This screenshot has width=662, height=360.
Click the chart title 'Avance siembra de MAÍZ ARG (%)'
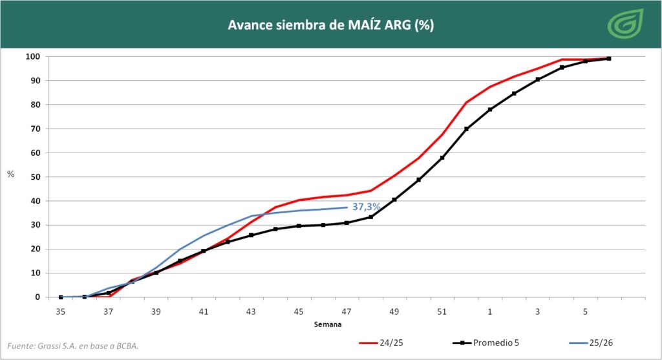(330, 25)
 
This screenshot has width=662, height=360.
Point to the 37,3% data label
(366, 207)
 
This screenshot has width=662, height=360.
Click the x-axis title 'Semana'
(328, 324)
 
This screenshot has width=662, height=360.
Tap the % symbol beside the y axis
(10, 175)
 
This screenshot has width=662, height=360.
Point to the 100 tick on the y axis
(32, 57)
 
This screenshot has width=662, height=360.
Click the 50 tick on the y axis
(35, 177)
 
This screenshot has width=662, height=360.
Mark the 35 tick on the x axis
(61, 312)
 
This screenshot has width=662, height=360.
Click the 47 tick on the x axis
(347, 312)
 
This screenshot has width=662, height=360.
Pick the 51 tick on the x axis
(442, 312)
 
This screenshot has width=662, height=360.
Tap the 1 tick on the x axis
(490, 312)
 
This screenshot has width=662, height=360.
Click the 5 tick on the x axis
(585, 312)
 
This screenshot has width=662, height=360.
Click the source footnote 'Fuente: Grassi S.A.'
(72, 346)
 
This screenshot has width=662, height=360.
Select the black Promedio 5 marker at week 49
(394, 200)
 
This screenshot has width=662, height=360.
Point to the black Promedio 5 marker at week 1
(490, 109)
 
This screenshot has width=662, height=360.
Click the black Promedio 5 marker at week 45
(299, 226)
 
